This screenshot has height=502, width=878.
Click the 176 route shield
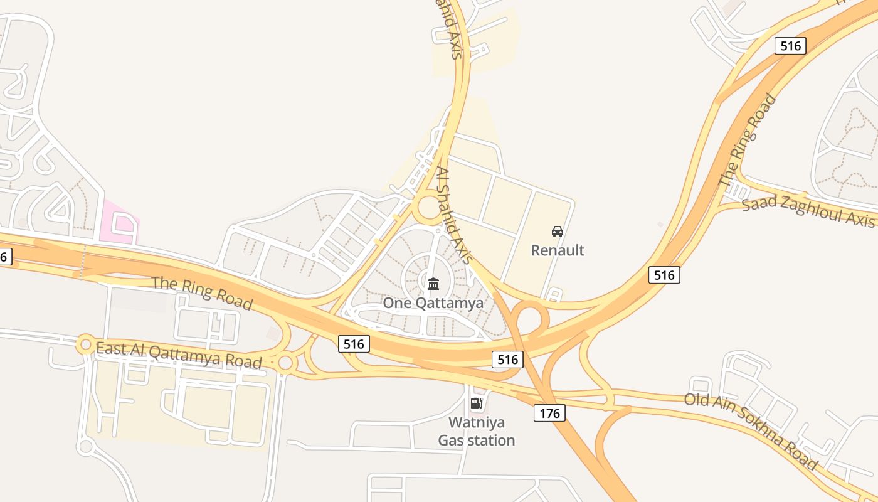(550, 412)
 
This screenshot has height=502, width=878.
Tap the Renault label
(558, 250)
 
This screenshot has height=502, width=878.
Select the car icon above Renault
(558, 232)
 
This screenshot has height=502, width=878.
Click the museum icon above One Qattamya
(433, 284)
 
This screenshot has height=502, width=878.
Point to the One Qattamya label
(433, 303)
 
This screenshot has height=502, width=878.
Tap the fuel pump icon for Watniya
(477, 403)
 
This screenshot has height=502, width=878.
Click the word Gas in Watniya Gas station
(450, 441)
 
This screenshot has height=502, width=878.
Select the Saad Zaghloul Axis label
(808, 212)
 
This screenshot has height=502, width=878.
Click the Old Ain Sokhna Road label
(751, 431)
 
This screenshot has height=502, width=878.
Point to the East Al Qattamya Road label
(179, 355)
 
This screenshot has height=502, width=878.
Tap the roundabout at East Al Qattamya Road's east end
(286, 362)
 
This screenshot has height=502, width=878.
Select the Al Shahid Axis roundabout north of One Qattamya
(430, 208)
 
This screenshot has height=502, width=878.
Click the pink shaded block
(121, 222)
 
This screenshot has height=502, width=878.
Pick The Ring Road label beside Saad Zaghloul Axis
(748, 141)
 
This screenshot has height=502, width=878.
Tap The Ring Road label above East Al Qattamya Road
(203, 292)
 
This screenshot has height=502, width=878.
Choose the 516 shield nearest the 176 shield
(507, 359)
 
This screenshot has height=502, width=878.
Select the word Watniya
(477, 422)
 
